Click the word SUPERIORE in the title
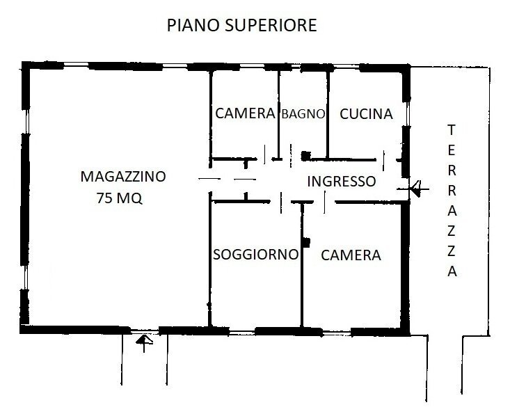[x=273, y=26]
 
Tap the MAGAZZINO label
[x=122, y=176]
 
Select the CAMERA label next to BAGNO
[x=244, y=114]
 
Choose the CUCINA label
[x=366, y=114]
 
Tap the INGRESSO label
[x=341, y=182]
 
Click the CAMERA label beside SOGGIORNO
[x=351, y=255]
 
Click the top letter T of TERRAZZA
[x=452, y=129]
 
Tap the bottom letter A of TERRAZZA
[x=452, y=272]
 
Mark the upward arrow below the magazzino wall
[x=144, y=341]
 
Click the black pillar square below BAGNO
[x=304, y=155]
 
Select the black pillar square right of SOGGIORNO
[x=305, y=241]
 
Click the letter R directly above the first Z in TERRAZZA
[x=452, y=191]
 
